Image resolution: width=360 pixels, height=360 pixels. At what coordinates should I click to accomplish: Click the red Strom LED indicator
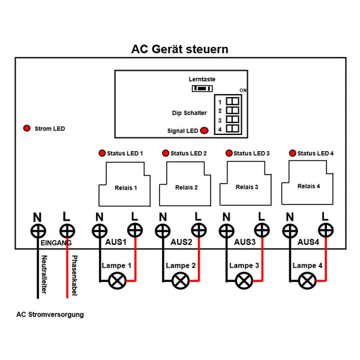26,129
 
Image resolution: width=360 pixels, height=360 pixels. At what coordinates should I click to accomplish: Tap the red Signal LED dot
204,131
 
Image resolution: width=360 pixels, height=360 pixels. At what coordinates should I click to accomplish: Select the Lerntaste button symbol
202,88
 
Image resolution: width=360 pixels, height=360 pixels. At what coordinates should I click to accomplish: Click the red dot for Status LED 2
164,154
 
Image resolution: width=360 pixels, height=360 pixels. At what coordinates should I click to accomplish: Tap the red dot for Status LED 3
228,154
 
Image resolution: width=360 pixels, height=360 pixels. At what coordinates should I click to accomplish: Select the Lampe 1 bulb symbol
115,280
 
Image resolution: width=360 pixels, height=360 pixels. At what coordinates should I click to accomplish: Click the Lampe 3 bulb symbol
243,280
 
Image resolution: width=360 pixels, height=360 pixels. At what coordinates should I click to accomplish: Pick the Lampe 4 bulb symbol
307,280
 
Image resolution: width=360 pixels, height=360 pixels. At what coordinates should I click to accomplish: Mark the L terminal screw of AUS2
198,230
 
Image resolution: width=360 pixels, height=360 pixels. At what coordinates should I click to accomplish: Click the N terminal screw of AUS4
290,230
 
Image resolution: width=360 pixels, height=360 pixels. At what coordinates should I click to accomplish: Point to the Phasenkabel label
74,275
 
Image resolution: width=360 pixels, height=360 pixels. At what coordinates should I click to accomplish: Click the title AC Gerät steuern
179,49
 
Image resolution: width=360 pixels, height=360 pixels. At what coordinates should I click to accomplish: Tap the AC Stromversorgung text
50,314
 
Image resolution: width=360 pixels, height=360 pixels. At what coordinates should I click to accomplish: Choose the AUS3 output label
244,242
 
